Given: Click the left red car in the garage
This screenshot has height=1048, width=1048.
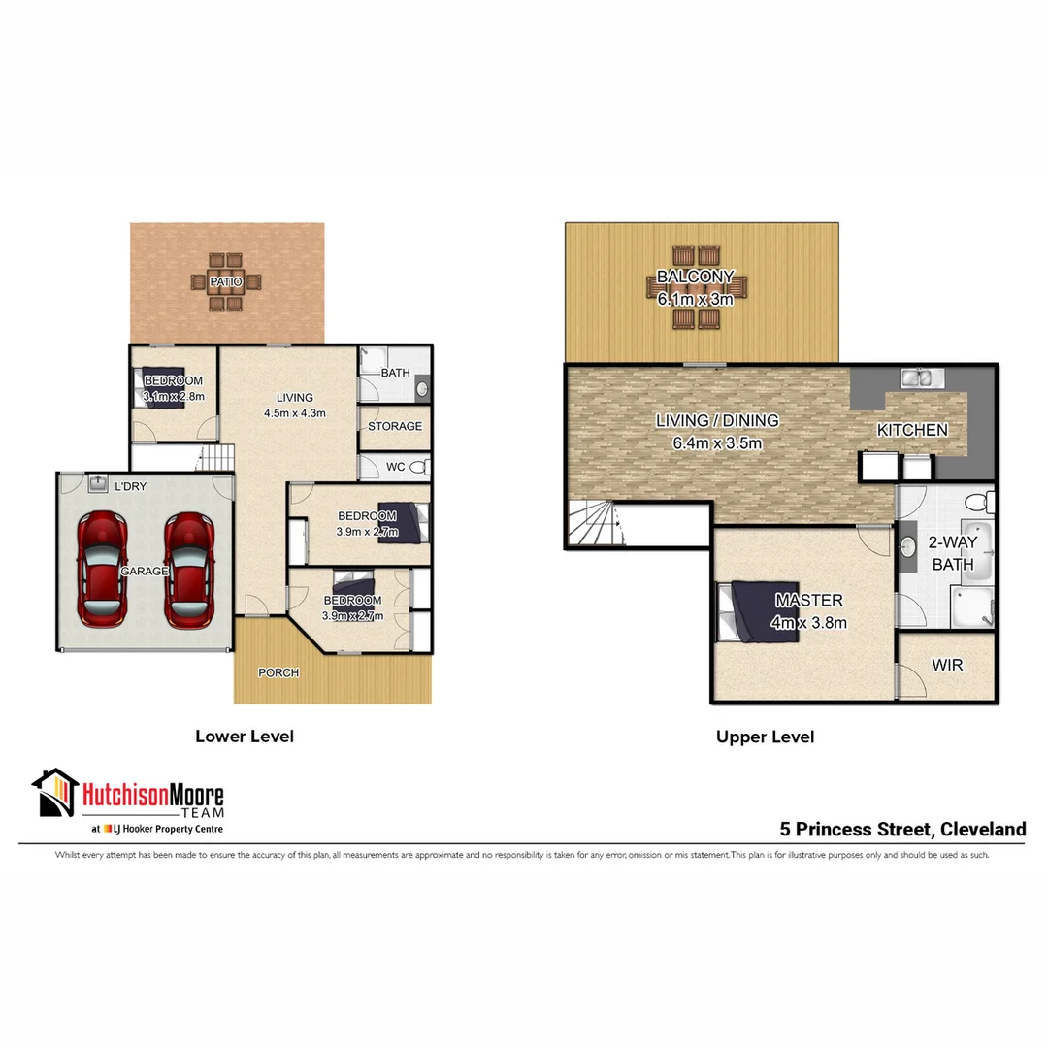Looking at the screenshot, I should tap(103, 570).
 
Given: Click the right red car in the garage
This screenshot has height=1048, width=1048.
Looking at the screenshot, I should tap(187, 570).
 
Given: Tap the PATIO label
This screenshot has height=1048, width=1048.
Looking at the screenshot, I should tap(225, 281).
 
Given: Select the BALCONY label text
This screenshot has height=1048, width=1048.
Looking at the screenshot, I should tap(695, 277).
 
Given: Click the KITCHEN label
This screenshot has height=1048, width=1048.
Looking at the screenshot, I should tap(912, 430).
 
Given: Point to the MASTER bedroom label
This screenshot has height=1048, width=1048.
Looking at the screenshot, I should tap(808, 601).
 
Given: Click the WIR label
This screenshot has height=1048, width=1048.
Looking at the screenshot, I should tap(946, 666).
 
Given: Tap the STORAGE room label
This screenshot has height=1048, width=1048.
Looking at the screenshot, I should tap(395, 426).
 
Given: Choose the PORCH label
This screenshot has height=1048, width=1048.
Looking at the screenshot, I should tap(278, 672).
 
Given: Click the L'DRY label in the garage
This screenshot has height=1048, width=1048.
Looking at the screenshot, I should tap(131, 486).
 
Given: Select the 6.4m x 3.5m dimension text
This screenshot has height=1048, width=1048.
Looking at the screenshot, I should tap(716, 444).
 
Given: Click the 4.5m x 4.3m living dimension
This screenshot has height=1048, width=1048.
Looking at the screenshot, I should tap(294, 412).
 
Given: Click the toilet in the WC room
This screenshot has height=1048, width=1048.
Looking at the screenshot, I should tap(419, 468).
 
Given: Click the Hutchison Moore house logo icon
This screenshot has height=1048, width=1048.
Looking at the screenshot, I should tap(54, 793).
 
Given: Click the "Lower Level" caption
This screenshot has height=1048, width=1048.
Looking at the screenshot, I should tap(245, 737).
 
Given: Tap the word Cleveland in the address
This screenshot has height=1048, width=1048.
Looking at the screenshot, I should tap(982, 830).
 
